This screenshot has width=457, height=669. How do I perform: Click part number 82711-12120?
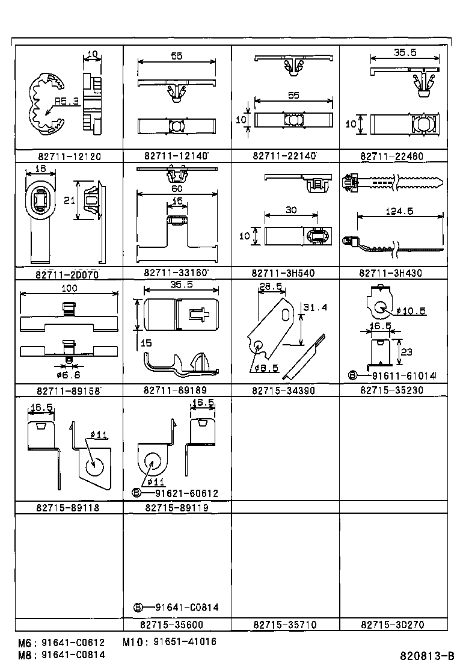pos(67,156)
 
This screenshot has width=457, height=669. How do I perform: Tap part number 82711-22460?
pos(391,156)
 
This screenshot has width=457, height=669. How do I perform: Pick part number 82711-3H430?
pos(391,273)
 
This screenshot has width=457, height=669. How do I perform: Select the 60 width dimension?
pos(177,189)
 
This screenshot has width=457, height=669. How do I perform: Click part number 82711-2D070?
pos(67,274)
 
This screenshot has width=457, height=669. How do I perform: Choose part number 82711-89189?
pos(176,390)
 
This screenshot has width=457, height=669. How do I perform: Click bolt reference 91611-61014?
pos(404,376)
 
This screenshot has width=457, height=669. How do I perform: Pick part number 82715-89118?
pos(67,508)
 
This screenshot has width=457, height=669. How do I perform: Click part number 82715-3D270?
pos(391,625)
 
